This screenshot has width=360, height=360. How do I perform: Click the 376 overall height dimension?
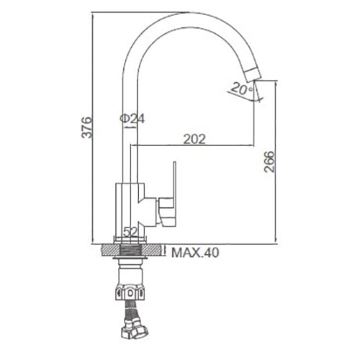click(x=86, y=127)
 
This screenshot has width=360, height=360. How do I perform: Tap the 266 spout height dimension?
click(x=269, y=162)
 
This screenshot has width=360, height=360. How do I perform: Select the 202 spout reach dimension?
click(x=194, y=139)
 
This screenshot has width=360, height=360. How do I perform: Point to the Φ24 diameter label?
click(x=132, y=119)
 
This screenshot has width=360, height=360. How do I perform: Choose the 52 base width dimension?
click(x=130, y=232)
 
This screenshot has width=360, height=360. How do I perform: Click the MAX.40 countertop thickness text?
click(x=195, y=253)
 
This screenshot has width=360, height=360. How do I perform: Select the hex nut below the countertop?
click(x=130, y=292)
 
